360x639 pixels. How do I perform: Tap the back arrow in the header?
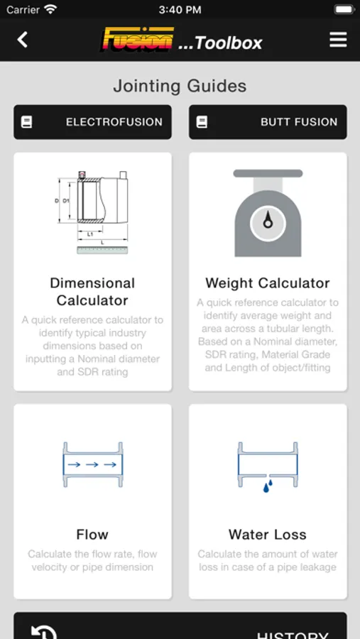tap(23, 40)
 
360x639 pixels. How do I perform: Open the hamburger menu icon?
tap(338, 40)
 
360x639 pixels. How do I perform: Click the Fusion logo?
tap(137, 39)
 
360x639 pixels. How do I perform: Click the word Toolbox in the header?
tap(229, 43)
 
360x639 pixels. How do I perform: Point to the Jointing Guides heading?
tap(180, 86)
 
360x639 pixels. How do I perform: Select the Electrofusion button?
tap(92, 122)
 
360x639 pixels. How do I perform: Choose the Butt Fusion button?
tap(268, 122)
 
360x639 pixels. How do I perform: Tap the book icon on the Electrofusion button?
tap(26, 122)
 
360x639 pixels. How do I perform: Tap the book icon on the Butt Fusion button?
tap(202, 122)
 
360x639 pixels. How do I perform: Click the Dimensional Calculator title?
tap(92, 292)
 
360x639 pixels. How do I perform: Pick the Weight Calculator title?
tap(268, 283)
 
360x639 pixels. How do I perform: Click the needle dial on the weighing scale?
tap(268, 223)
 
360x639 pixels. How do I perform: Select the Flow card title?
tap(92, 534)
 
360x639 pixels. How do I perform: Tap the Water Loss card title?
tap(268, 534)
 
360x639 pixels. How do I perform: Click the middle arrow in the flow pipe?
tap(92, 464)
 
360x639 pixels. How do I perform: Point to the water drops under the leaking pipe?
tap(268, 486)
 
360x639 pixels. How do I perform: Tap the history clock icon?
tap(43, 632)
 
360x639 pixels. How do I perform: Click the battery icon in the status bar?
tap(344, 9)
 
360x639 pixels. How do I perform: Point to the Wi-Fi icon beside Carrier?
tap(50, 9)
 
